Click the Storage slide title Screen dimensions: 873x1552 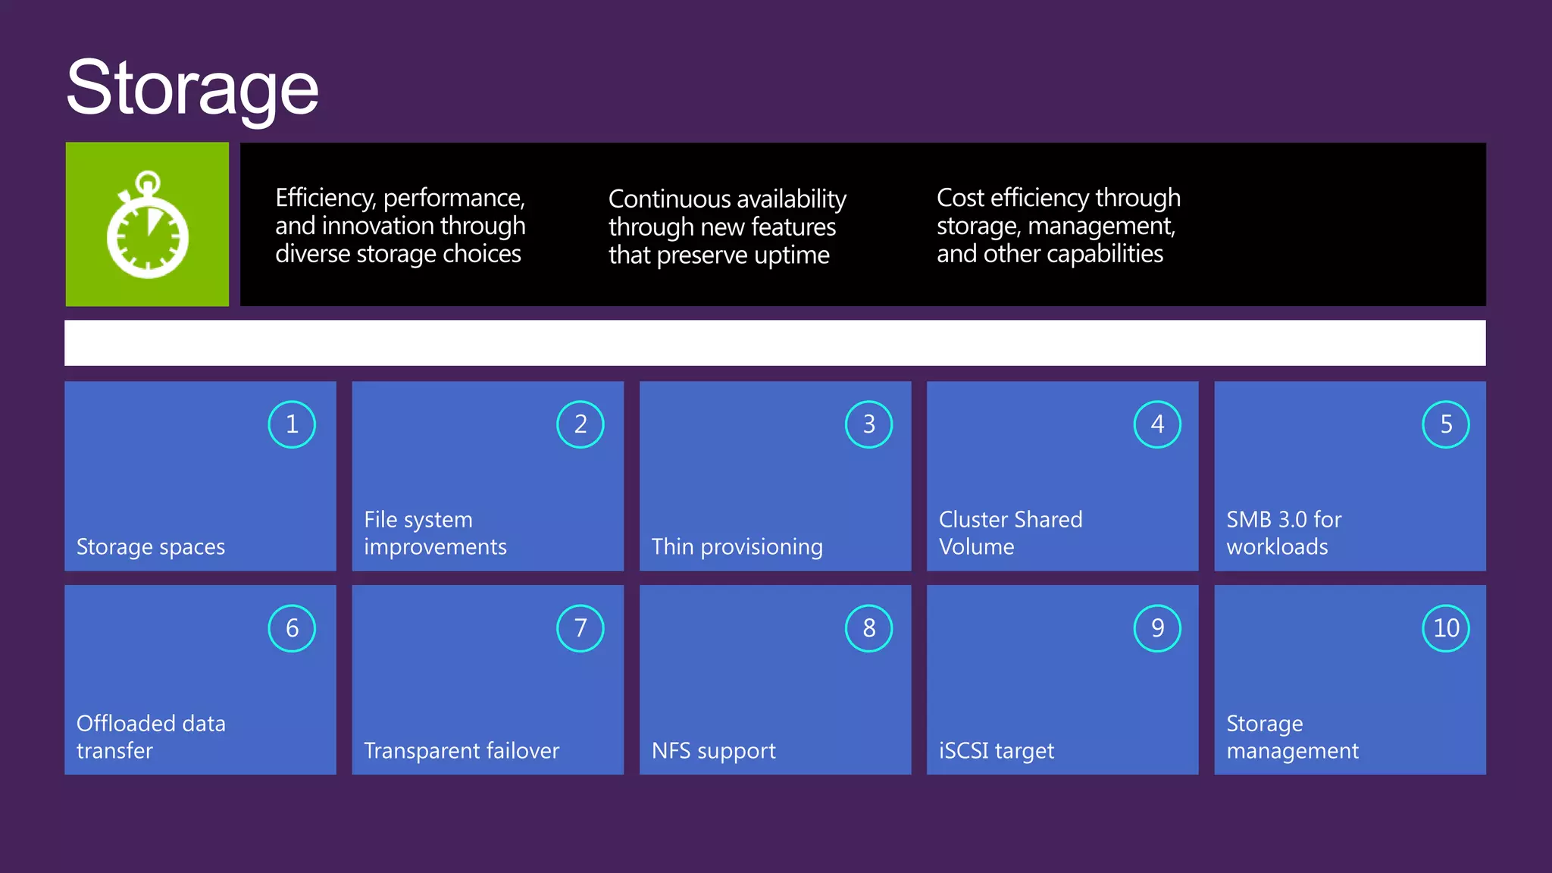pyautogui.click(x=192, y=89)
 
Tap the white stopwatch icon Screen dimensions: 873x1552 pyautogui.click(x=148, y=225)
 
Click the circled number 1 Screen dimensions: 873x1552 pyautogui.click(x=292, y=424)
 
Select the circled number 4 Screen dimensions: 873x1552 pyautogui.click(x=1157, y=424)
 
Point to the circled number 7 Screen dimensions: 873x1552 pyautogui.click(x=580, y=628)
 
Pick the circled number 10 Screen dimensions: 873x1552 pyautogui.click(x=1446, y=628)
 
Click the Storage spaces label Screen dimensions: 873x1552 pyautogui.click(x=151, y=547)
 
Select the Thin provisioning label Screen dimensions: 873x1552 pyautogui.click(x=737, y=547)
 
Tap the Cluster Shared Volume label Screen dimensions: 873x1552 pyautogui.click(x=1010, y=533)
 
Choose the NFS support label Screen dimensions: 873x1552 pyautogui.click(x=713, y=751)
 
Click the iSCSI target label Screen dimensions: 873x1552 pyautogui.click(x=996, y=751)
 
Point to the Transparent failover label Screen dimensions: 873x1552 pyautogui.click(x=462, y=751)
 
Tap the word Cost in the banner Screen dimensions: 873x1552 pyautogui.click(x=960, y=198)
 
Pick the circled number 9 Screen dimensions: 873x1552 pyautogui.click(x=1157, y=628)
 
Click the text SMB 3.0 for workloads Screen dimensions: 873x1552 pyautogui.click(x=1284, y=533)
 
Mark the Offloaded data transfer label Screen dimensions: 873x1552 pyautogui.click(x=151, y=737)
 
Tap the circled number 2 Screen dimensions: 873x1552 pyautogui.click(x=580, y=424)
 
